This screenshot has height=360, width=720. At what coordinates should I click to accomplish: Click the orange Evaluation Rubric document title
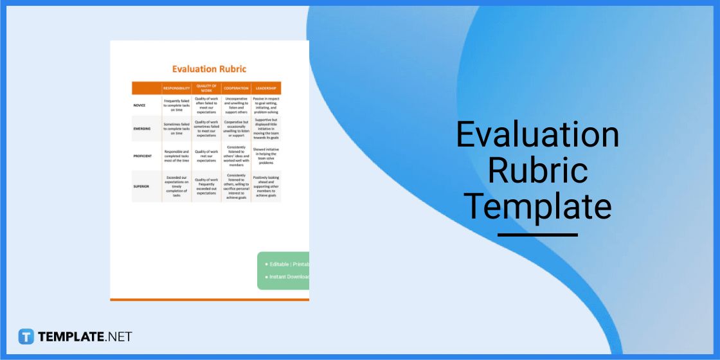pyautogui.click(x=209, y=69)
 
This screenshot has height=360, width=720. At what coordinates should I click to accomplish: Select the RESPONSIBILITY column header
pyautogui.click(x=176, y=88)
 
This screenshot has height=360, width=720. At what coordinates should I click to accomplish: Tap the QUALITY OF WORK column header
pyautogui.click(x=206, y=88)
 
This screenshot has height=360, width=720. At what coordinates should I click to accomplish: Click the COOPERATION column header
pyautogui.click(x=236, y=88)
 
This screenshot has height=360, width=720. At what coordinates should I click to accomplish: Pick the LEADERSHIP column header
pyautogui.click(x=265, y=88)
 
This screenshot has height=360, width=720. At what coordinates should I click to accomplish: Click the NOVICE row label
pyautogui.click(x=139, y=105)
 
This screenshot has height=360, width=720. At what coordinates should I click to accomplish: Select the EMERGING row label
pyautogui.click(x=142, y=129)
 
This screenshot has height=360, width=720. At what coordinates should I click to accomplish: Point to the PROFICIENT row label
pyautogui.click(x=143, y=156)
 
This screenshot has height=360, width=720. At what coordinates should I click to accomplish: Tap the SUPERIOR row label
pyautogui.click(x=141, y=186)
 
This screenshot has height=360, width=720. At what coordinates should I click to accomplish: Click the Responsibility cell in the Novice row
pyautogui.click(x=176, y=105)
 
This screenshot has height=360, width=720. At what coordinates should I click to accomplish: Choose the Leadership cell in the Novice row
pyautogui.click(x=265, y=105)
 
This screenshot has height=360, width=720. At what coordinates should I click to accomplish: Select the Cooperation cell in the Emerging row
pyautogui.click(x=236, y=129)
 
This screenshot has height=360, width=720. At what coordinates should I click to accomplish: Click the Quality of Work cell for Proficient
pyautogui.click(x=206, y=156)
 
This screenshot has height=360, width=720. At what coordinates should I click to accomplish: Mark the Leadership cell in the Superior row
pyautogui.click(x=265, y=186)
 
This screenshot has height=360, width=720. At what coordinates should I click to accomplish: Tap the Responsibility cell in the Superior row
pyautogui.click(x=176, y=186)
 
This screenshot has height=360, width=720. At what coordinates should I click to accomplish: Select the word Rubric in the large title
pyautogui.click(x=537, y=170)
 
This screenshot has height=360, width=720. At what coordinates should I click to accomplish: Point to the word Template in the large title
pyautogui.click(x=537, y=206)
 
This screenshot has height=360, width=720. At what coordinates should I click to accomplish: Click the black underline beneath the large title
pyautogui.click(x=537, y=235)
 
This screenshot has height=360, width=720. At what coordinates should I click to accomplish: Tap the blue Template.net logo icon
pyautogui.click(x=26, y=336)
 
